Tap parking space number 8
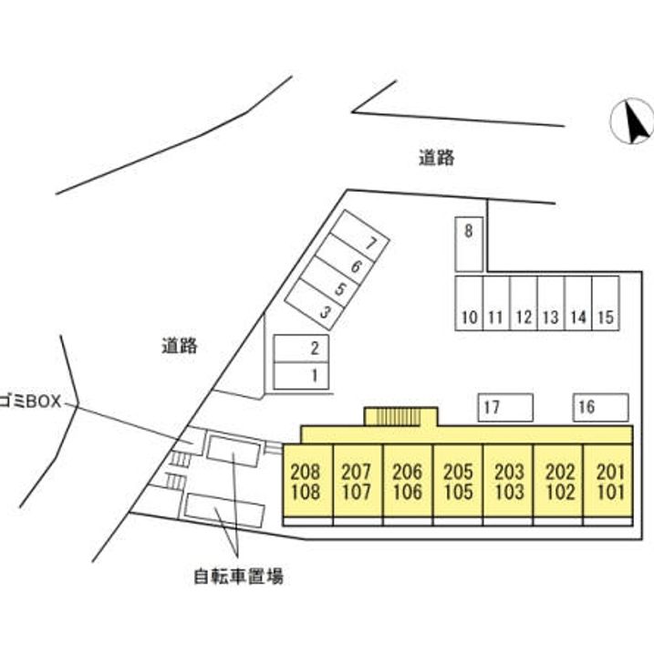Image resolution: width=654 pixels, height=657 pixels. pos(468,244)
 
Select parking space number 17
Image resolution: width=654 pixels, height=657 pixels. pos(505,407)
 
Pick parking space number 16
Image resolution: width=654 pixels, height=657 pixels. pos(600,407)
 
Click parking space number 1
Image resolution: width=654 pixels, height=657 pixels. pos(302,375)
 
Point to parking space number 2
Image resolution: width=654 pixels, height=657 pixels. pos(302,349)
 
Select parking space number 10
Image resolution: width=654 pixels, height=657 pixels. pos(469,303)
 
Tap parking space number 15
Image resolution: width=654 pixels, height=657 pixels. pos(606,303)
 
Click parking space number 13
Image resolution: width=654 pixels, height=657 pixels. pos(551,303)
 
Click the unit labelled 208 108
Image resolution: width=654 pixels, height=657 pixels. pos(306,482)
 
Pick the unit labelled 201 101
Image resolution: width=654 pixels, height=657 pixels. pos(608,482)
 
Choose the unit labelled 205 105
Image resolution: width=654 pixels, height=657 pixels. pos(457,482)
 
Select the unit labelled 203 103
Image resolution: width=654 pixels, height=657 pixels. pos(508,482)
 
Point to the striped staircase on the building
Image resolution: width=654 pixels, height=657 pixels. pos(400,417)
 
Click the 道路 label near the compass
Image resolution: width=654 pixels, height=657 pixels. pos(437,158)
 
